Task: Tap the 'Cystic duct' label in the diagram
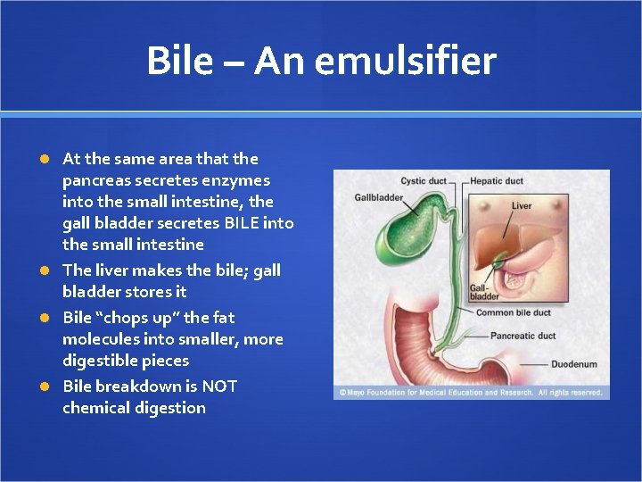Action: [424, 181]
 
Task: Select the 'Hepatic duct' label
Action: [497, 181]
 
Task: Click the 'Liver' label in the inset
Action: [522, 206]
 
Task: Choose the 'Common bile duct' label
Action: [513, 313]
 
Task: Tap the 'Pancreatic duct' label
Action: [523, 337]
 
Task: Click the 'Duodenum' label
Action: [573, 364]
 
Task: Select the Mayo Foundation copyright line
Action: [471, 392]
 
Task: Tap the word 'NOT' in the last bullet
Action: [218, 386]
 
